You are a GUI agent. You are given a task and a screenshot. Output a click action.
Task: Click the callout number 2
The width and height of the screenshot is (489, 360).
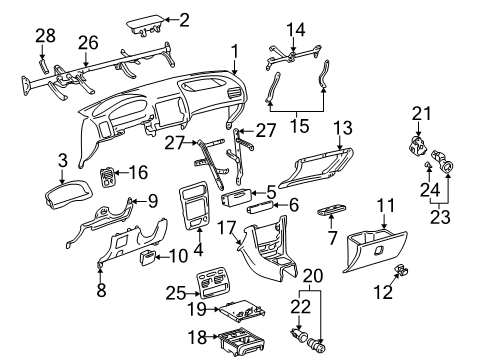pyautogui.click(x=184, y=18)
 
